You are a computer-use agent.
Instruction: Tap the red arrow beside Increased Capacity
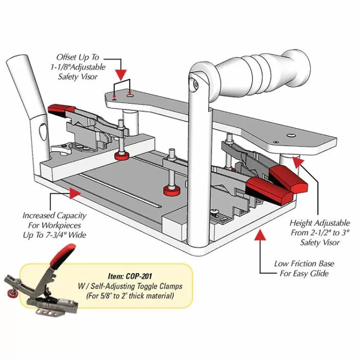[x=75, y=194]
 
